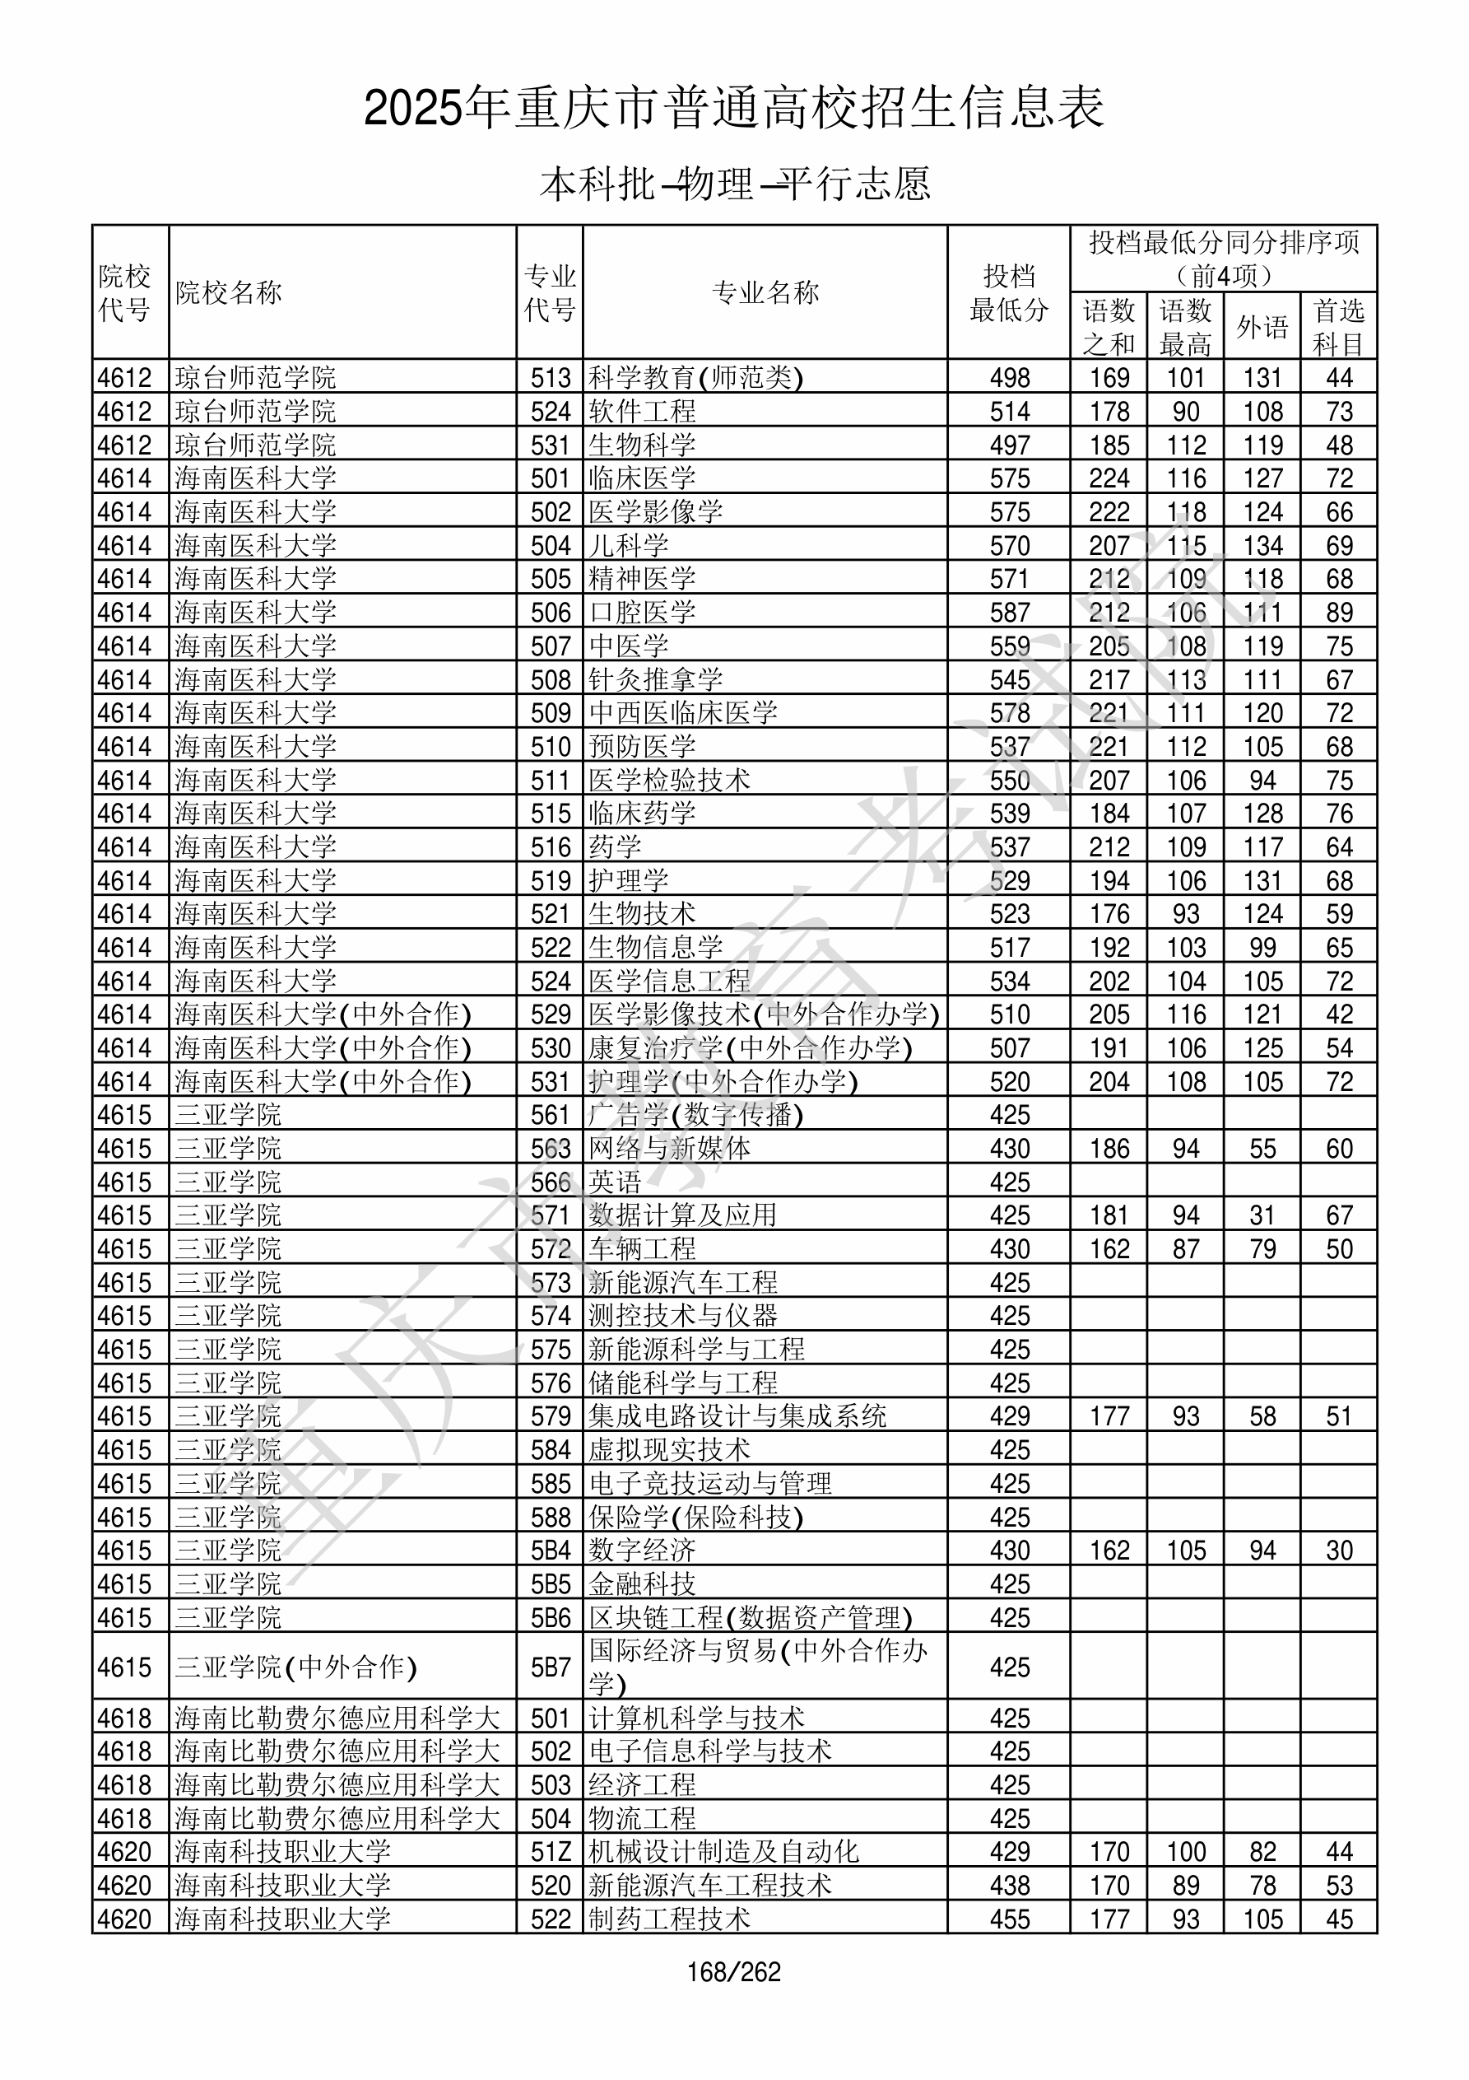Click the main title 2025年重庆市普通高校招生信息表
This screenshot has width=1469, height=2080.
click(733, 108)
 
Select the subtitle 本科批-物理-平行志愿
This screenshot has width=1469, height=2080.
click(734, 184)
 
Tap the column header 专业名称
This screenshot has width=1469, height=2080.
click(765, 292)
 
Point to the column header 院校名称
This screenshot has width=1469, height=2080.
click(229, 292)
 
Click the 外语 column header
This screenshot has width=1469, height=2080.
click(1262, 326)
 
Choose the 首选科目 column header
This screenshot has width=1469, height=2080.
click(1339, 326)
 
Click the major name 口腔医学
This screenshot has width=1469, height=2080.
click(642, 613)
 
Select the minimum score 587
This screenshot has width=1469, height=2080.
click(1009, 613)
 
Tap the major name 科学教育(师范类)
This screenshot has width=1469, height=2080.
click(695, 378)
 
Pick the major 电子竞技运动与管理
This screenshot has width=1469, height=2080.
click(710, 1484)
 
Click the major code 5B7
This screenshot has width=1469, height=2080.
click(551, 1667)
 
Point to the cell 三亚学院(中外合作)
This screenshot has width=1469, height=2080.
click(295, 1667)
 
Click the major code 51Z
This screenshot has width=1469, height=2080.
click(551, 1852)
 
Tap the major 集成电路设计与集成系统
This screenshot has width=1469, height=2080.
click(737, 1417)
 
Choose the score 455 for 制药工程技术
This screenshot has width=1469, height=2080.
click(1009, 1919)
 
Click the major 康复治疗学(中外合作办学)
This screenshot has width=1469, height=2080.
click(750, 1048)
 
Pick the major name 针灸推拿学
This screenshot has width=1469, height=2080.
click(656, 679)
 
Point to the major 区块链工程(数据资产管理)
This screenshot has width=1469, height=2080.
click(750, 1618)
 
